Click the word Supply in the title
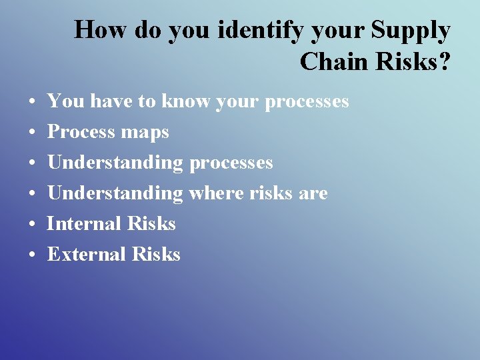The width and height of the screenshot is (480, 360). [x=411, y=31]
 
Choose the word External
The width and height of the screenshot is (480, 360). [x=87, y=254]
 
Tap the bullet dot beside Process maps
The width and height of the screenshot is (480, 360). [x=32, y=133]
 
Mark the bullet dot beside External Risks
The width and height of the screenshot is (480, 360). [x=32, y=255]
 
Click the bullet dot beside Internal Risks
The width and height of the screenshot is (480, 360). [x=32, y=224]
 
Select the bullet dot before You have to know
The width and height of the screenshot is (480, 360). [x=32, y=102]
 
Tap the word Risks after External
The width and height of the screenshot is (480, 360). [x=156, y=254]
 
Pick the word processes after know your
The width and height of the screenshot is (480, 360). [x=307, y=102]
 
